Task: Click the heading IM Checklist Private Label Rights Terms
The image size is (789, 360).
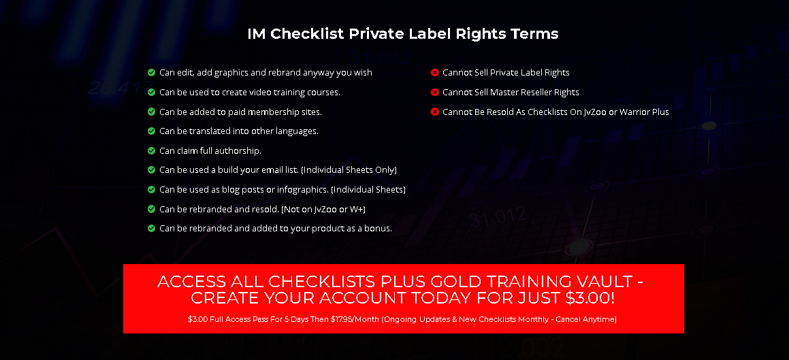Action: (x=402, y=34)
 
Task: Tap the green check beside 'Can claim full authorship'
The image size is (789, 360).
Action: (x=151, y=150)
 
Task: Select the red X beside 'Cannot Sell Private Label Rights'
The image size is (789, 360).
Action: (x=435, y=72)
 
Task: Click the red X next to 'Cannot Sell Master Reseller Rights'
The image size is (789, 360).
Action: (x=435, y=92)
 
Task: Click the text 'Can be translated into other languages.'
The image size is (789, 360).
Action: (x=239, y=131)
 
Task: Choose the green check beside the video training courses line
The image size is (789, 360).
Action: (x=151, y=92)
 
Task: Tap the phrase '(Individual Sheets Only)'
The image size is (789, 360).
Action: (x=349, y=170)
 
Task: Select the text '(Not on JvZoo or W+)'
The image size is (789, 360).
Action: (x=323, y=209)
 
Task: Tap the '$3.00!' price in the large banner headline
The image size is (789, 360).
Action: (x=590, y=297)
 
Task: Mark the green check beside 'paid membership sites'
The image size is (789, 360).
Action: (x=151, y=112)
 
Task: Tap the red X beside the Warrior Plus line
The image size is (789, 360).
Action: (x=435, y=112)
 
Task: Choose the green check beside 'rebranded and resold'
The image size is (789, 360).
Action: (x=151, y=209)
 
